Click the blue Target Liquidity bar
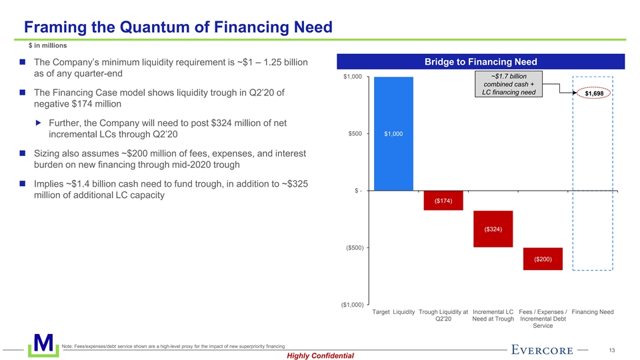393,133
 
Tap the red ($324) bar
493,229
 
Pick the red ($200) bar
543,259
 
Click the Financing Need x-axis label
593,312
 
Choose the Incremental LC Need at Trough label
493,315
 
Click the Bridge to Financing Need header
481,62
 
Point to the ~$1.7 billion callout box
509,83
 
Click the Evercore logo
543,349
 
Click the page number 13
611,349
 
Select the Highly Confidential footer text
320,356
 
